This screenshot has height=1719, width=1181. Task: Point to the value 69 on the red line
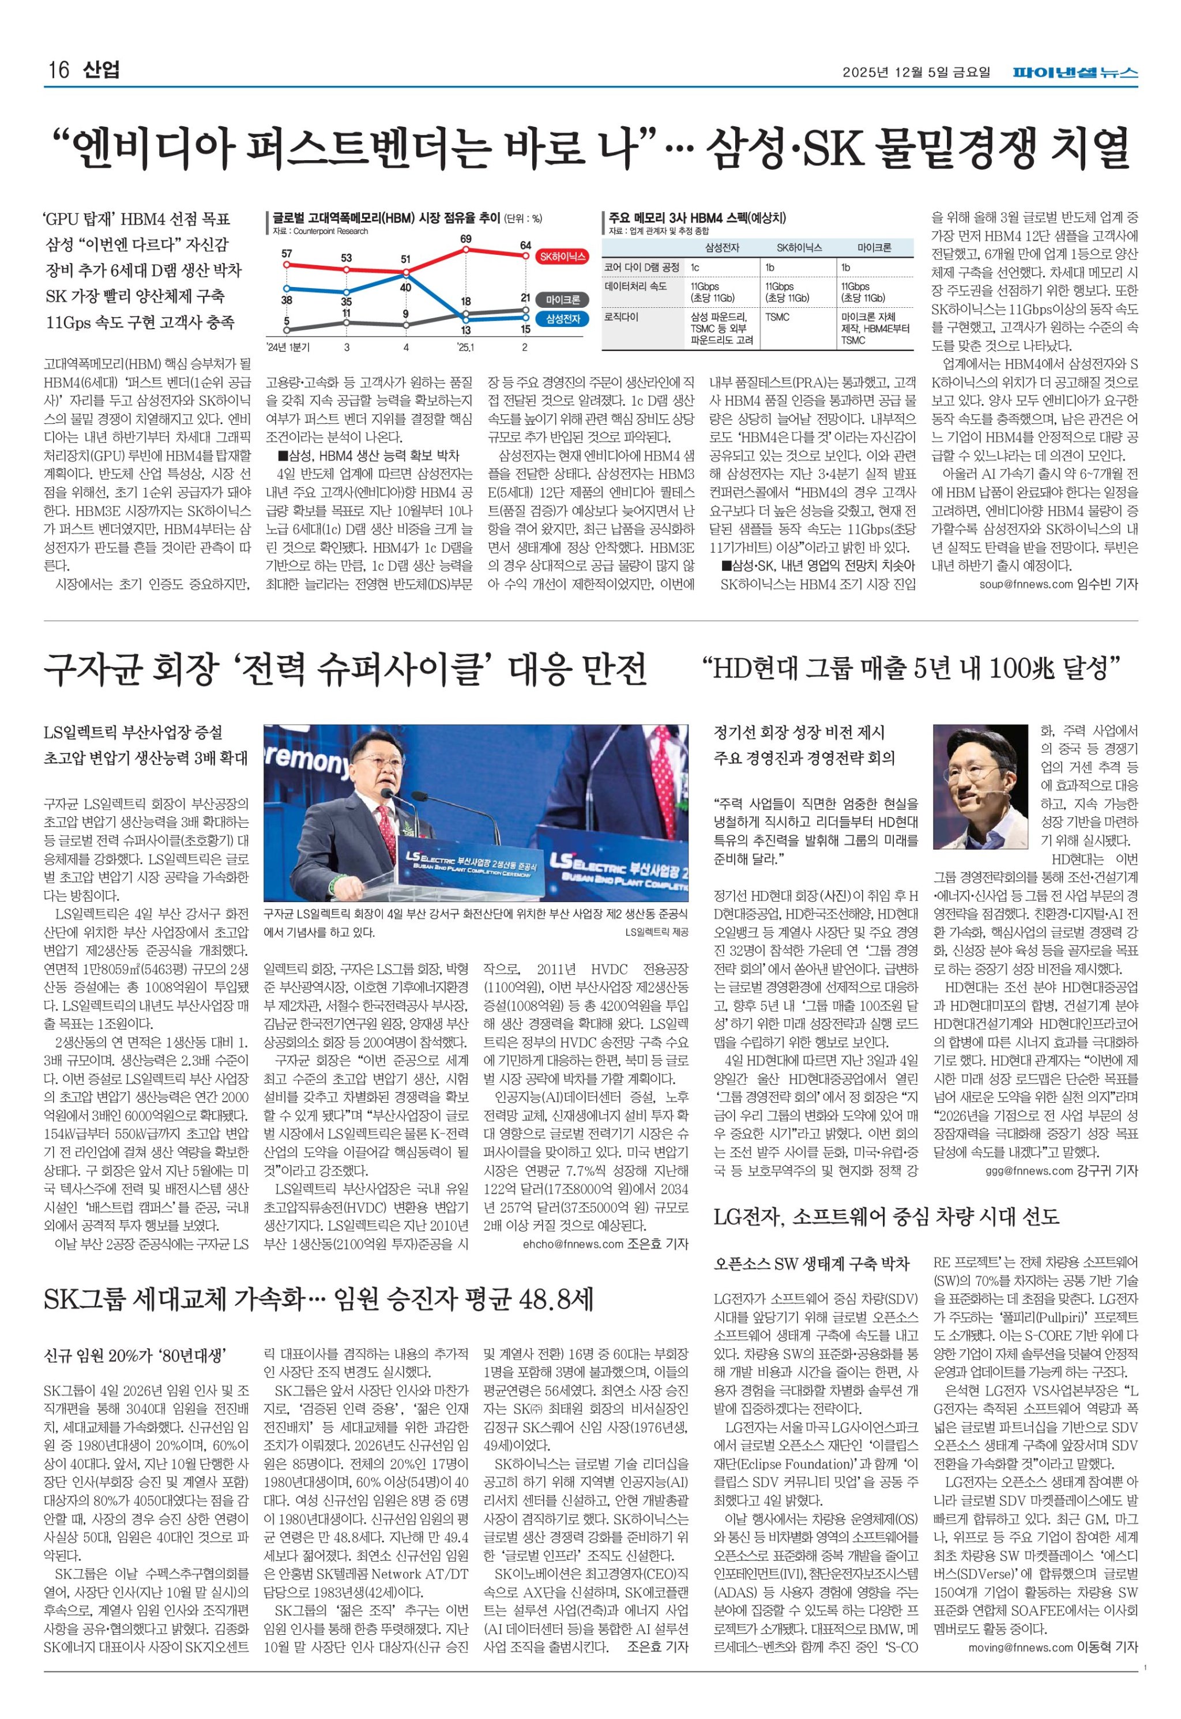click(465, 239)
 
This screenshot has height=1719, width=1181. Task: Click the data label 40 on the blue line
click(405, 287)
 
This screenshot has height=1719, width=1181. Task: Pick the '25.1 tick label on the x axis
click(465, 347)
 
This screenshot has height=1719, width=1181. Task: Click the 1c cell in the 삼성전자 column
click(695, 267)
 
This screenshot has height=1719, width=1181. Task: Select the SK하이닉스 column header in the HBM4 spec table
click(799, 248)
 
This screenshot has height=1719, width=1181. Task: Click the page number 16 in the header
click(58, 71)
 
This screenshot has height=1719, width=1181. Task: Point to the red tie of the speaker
click(387, 822)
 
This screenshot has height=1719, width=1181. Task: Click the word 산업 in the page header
click(101, 71)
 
